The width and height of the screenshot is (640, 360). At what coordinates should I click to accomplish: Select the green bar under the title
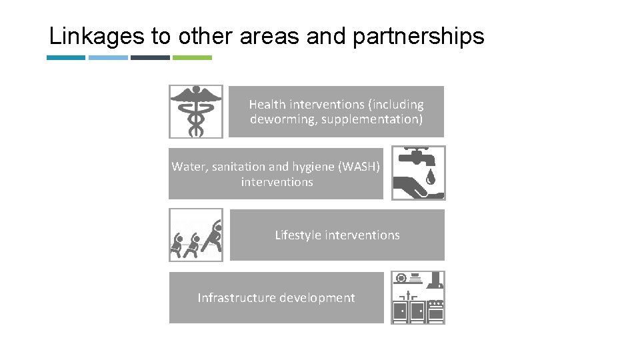tap(192, 57)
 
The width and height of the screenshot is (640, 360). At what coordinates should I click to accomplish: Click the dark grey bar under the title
tap(150, 57)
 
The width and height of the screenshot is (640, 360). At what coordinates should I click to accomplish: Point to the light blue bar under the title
tap(108, 57)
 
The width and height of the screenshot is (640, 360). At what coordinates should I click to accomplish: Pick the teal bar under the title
tap(66, 57)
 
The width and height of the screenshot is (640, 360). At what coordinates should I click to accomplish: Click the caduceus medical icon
tap(195, 111)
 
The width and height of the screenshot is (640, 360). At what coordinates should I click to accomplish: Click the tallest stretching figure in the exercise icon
tap(213, 236)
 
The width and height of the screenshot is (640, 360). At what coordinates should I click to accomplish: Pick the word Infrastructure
tap(236, 297)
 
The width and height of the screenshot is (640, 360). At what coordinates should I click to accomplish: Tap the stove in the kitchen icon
tap(436, 311)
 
